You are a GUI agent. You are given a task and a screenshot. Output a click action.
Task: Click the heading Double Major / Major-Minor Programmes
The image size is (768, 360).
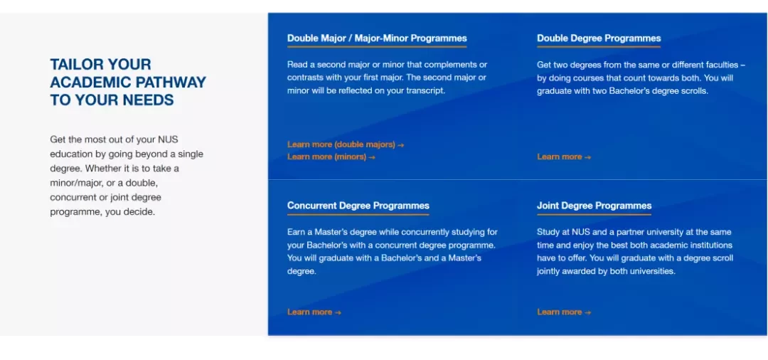377,38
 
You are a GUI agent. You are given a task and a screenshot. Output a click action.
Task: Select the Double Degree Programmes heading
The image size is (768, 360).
599,38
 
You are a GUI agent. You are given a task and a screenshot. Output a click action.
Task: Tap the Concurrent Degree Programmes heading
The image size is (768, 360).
358,206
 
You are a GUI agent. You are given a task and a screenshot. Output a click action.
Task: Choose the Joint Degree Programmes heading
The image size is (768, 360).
594,206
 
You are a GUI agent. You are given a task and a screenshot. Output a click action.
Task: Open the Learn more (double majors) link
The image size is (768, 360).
346,144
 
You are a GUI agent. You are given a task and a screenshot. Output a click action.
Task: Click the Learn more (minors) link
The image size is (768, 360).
331,157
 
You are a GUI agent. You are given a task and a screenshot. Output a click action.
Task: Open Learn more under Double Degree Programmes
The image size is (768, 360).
564,157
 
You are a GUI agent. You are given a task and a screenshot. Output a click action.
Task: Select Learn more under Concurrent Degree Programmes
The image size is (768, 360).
314,312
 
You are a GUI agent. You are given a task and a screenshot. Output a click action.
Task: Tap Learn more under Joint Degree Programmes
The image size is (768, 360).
564,312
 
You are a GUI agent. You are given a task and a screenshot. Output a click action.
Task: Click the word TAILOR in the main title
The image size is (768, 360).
76,64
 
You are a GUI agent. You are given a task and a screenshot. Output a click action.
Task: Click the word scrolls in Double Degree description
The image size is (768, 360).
694,90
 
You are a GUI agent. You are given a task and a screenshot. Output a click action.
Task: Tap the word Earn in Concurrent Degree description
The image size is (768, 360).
296,232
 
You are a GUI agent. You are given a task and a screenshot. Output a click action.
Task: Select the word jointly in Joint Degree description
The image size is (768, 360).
550,271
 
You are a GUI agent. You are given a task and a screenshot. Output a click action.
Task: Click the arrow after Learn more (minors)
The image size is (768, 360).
372,157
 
